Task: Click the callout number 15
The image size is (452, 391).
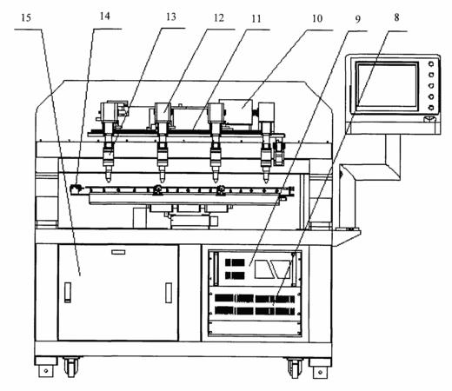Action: [26, 18]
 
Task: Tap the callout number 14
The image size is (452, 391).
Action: [104, 17]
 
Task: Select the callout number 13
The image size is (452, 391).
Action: [171, 17]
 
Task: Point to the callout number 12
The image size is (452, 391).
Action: [219, 18]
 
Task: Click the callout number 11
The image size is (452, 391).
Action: [256, 19]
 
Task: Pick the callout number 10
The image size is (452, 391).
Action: [317, 18]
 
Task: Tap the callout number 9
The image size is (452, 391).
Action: [358, 19]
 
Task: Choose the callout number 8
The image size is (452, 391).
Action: [396, 17]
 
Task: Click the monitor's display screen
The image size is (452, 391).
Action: [387, 86]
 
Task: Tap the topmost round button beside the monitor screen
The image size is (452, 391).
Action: [431, 64]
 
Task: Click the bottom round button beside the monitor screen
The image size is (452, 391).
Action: [431, 108]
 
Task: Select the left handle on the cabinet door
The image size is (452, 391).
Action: [68, 293]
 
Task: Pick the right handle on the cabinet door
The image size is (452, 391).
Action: [169, 293]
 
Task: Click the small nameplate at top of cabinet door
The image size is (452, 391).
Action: [118, 252]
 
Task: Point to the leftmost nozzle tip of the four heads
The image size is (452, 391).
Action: [109, 178]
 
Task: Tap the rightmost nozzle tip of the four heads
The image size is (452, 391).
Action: [266, 178]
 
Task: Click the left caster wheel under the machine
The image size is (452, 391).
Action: [71, 367]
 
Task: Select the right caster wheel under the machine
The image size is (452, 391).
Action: [295, 368]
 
